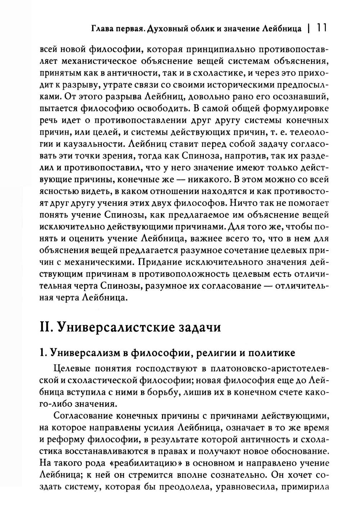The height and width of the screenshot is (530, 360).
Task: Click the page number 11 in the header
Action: tap(320, 28)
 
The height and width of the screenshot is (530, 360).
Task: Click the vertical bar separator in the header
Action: tap(309, 28)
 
